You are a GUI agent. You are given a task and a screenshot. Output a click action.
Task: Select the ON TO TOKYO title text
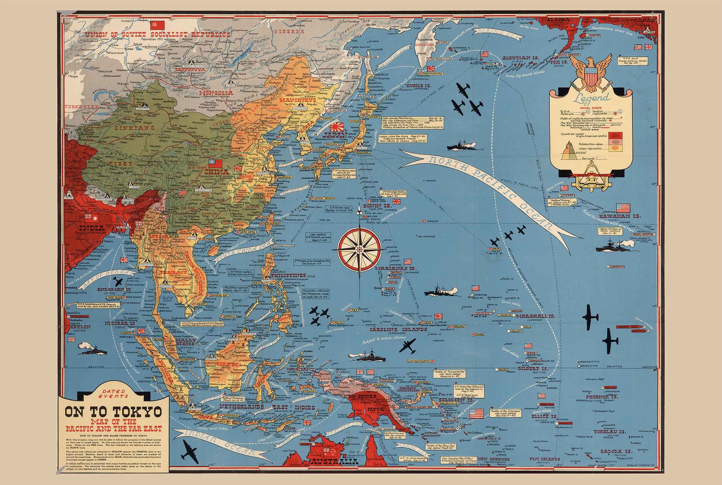[113, 412]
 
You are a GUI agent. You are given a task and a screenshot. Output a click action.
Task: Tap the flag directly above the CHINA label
[215, 164]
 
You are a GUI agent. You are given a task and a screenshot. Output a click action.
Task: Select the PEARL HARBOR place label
[641, 234]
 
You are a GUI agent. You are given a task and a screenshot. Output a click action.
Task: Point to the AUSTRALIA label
[333, 462]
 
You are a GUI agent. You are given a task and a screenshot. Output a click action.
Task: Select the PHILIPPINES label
[288, 276]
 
